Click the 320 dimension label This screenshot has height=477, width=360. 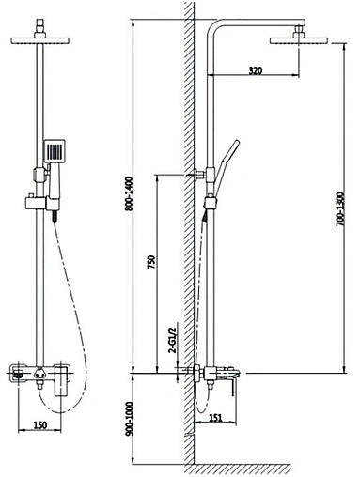click(255, 70)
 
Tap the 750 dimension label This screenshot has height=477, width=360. click(151, 262)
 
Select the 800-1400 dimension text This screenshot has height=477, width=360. click(129, 194)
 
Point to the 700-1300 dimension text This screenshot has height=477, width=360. click(340, 209)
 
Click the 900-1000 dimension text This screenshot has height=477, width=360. click(129, 419)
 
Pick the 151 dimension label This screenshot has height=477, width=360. click(215, 418)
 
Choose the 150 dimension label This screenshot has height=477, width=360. click(40, 425)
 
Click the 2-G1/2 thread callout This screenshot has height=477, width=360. click(173, 341)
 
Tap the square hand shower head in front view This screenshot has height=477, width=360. click(55, 151)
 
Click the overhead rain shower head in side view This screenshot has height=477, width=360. click(299, 41)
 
